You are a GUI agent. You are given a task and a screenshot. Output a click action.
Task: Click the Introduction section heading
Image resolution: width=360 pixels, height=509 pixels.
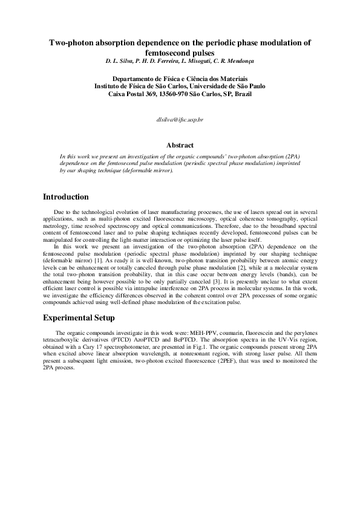pos(66,197)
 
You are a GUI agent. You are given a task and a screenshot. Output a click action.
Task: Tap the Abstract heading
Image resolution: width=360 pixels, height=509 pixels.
pos(180,145)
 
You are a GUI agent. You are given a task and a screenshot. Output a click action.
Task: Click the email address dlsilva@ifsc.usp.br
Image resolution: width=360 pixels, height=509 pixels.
pos(180,120)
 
